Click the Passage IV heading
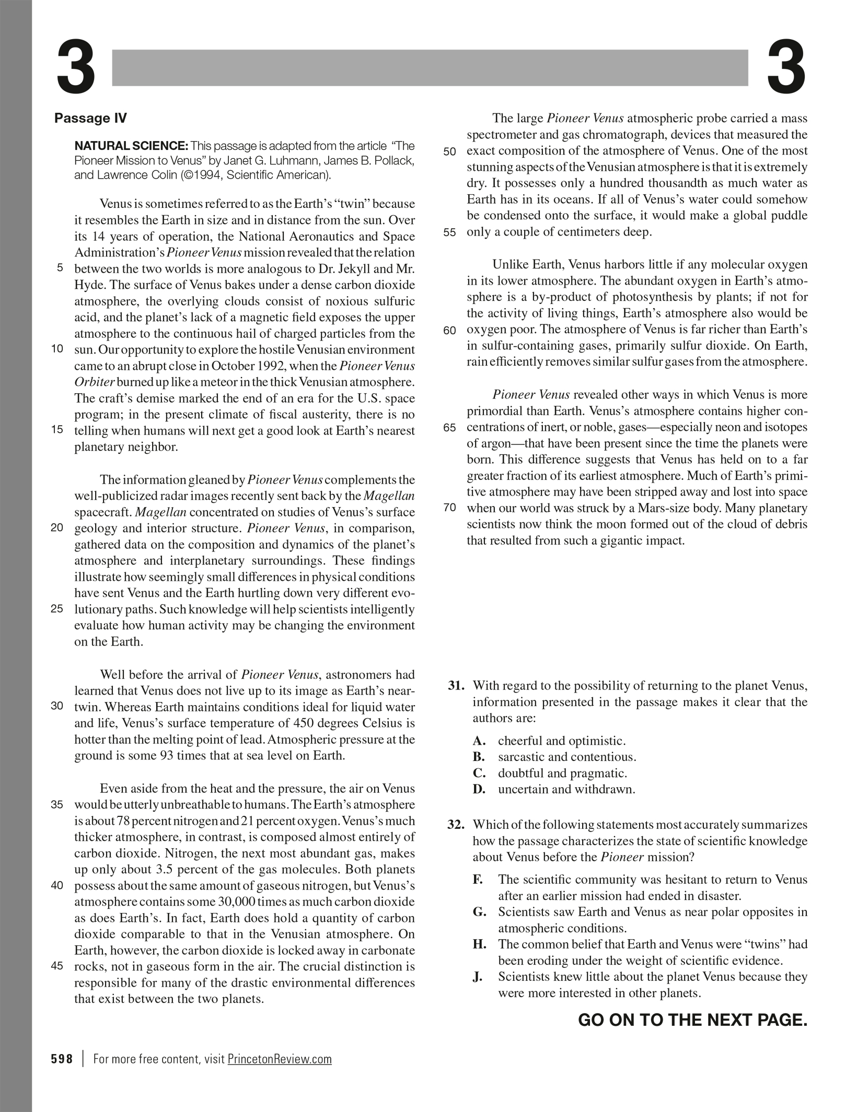click(90, 118)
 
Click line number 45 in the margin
click(57, 966)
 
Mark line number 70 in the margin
click(449, 508)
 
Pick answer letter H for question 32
click(480, 944)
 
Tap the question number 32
click(456, 825)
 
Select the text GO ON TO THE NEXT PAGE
click(692, 1020)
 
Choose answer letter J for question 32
click(478, 977)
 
